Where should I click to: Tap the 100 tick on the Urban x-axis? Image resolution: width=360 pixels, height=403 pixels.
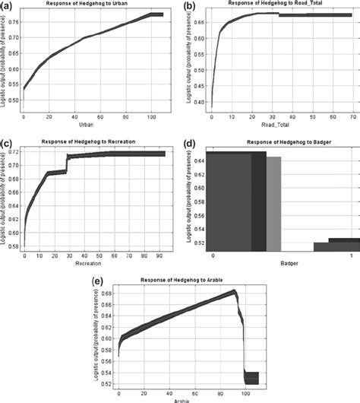pos(152,116)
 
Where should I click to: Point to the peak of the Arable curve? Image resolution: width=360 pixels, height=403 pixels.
pos(234,291)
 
